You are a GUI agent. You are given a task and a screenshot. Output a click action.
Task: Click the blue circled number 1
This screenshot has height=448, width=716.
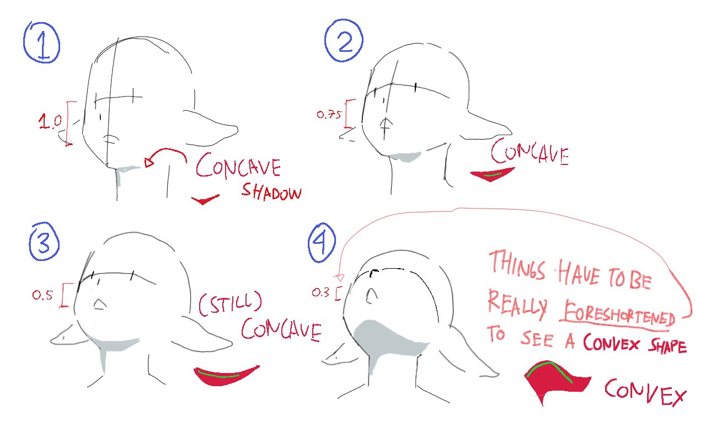tap(41, 42)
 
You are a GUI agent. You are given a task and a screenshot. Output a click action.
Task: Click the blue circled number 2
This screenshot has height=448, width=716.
tap(344, 41)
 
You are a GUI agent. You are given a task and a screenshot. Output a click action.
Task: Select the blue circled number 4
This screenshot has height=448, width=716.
tap(322, 243)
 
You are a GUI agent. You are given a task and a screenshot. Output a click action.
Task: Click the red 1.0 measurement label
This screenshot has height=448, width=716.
tap(50, 121)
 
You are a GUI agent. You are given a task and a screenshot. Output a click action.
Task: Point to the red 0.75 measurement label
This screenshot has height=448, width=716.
tap(329, 114)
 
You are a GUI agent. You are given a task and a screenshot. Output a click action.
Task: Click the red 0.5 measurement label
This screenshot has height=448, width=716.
tap(42, 295)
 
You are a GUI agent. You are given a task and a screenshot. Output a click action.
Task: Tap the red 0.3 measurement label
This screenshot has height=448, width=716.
tap(320, 292)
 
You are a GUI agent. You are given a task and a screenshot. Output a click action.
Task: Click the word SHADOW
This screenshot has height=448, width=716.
tap(271, 192)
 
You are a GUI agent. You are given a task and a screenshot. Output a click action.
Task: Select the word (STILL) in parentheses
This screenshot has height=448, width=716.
tap(231, 303)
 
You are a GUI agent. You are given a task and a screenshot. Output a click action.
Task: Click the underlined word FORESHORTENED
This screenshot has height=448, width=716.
tap(617, 314)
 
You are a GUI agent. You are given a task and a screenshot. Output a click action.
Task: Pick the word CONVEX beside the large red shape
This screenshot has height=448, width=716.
tap(645, 392)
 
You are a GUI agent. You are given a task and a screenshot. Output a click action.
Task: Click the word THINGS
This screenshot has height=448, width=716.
tap(517, 265)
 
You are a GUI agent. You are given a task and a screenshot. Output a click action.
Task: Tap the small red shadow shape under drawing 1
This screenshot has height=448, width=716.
tap(204, 200)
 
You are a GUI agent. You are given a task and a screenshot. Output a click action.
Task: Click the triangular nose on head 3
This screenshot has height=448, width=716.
tap(100, 304)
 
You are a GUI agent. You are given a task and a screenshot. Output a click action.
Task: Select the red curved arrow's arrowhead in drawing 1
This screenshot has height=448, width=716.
tap(148, 162)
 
